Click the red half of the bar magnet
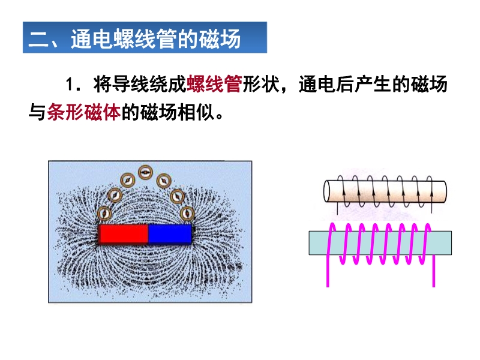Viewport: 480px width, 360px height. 124,234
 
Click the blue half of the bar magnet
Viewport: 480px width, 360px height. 170,234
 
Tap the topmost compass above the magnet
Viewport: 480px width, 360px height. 145,172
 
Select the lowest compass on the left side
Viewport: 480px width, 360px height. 104,213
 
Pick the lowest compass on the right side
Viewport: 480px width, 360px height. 187,214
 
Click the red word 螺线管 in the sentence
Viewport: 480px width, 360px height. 214,84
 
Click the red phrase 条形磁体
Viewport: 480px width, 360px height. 84,112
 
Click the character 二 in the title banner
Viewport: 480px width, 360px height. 38,40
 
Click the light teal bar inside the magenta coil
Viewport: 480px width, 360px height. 380,243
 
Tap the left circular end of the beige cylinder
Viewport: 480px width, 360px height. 327,191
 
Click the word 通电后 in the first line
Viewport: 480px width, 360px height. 326,84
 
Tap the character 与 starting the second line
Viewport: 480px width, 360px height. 37,112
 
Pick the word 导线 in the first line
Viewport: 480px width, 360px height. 122,84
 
